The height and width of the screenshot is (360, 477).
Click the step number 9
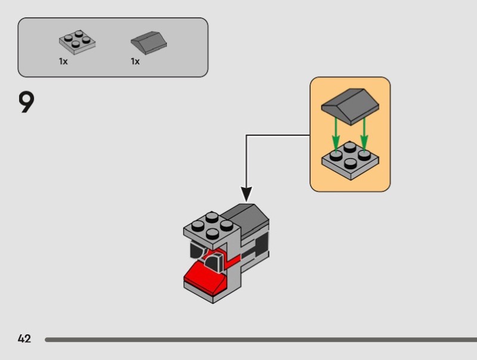27,102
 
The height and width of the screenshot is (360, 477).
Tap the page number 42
24,339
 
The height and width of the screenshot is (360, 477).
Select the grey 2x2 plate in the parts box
78,41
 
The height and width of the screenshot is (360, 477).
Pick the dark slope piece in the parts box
148,43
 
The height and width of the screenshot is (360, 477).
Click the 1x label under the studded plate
63,61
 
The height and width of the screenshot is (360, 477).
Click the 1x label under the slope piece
135,61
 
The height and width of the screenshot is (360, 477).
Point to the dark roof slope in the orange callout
350,103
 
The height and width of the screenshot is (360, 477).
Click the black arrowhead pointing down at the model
246,194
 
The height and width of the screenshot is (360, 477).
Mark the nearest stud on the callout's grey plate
351,162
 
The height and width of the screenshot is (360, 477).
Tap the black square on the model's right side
260,244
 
